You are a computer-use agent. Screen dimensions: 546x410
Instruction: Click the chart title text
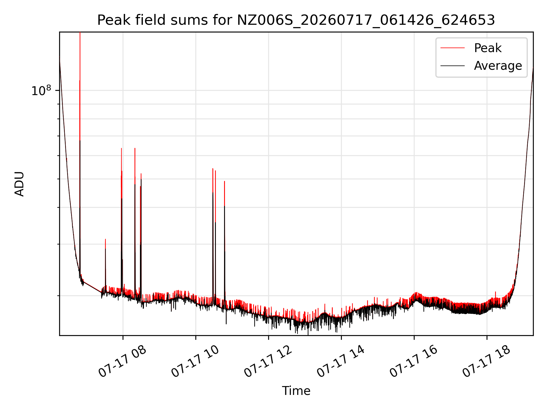pos(296,20)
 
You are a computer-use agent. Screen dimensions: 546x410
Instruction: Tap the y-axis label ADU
pos(19,184)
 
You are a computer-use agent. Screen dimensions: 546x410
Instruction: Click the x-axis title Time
pos(296,391)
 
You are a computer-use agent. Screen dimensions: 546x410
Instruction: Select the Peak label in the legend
pos(488,48)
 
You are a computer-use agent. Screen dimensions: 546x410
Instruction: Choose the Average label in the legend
pos(498,66)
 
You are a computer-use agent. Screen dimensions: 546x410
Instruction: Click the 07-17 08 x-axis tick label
pos(123,362)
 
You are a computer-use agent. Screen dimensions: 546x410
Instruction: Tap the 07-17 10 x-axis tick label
pos(195,362)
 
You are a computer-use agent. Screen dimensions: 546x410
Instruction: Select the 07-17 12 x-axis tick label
pos(268,362)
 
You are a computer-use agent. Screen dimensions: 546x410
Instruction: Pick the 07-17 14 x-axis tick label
pos(341,362)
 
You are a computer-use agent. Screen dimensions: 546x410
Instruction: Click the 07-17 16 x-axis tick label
pos(414,362)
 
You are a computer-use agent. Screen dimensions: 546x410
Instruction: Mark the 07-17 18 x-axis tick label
pos(487,362)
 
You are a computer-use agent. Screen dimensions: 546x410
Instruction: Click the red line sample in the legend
pos(452,48)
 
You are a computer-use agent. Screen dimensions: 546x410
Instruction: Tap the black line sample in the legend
pos(452,66)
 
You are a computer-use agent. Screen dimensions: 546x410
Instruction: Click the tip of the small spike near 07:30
pos(106,239)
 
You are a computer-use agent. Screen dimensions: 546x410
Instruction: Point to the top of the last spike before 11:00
pos(224,181)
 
